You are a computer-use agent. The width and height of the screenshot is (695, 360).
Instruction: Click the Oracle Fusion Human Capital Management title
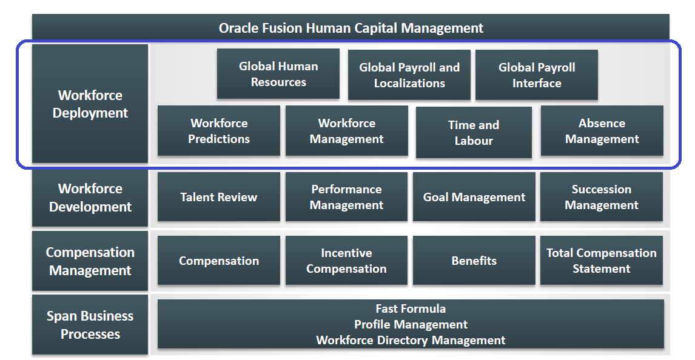click(351, 28)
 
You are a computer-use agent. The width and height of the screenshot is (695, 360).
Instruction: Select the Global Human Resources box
click(278, 74)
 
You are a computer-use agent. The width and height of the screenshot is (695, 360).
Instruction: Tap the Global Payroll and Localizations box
click(409, 75)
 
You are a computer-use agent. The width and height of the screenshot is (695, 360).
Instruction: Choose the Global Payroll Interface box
click(537, 75)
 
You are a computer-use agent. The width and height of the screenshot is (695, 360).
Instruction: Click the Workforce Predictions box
click(219, 131)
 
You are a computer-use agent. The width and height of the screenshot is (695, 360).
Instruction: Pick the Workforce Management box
click(346, 131)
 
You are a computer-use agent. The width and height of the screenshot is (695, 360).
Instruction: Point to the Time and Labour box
click(474, 133)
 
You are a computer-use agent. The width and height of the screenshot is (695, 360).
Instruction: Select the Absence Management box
click(602, 131)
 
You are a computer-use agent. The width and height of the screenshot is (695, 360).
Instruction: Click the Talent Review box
click(219, 197)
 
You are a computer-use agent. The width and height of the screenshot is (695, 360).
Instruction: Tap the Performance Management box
click(346, 197)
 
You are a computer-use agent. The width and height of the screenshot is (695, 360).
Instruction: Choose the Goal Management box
click(474, 197)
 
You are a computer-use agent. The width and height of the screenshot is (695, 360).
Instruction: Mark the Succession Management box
click(602, 197)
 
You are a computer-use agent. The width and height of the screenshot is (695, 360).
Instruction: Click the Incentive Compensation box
click(346, 261)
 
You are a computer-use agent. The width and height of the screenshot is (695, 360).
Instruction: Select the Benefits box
click(474, 261)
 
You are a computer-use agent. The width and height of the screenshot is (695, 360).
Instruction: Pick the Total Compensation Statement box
click(602, 261)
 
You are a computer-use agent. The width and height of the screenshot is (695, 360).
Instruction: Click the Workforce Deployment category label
click(90, 104)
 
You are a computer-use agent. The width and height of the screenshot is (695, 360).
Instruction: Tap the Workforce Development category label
click(90, 198)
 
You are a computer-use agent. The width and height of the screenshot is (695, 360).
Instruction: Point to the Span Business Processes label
click(90, 325)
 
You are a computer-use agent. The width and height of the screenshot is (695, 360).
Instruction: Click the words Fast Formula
click(411, 309)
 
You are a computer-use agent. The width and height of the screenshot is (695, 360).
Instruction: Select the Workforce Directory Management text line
click(411, 340)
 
